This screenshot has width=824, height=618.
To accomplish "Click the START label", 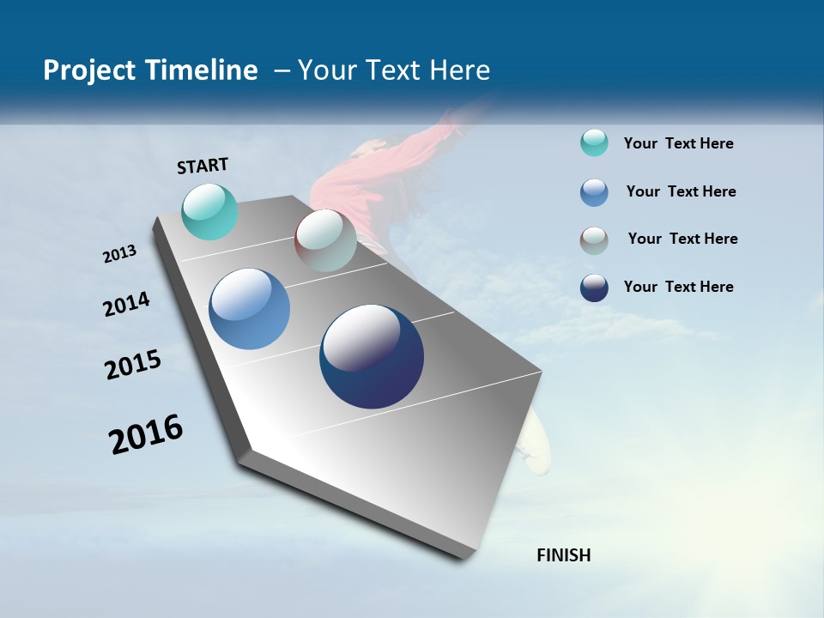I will pyautogui.click(x=203, y=166).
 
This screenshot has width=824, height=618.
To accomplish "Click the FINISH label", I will pyautogui.click(x=563, y=555).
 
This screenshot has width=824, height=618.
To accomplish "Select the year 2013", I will pyautogui.click(x=119, y=254).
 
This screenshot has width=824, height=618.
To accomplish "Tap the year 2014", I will pyautogui.click(x=126, y=305).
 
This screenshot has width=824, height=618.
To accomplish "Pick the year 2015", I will pyautogui.click(x=133, y=365).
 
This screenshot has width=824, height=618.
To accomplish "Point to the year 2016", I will pyautogui.click(x=146, y=434).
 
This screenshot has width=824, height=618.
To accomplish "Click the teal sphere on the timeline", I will pyautogui.click(x=209, y=211).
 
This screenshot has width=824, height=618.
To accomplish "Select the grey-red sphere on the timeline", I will pyautogui.click(x=325, y=240).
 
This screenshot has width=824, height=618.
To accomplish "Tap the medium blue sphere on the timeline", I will pyautogui.click(x=249, y=309).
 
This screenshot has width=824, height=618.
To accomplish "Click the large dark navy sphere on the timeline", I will pyautogui.click(x=371, y=356).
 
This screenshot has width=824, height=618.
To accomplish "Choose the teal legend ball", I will pyautogui.click(x=594, y=142).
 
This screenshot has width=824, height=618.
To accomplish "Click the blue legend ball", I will pyautogui.click(x=594, y=191).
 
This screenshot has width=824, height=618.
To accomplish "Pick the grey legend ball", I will pyautogui.click(x=594, y=239).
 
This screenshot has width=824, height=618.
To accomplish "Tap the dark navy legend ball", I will pyautogui.click(x=594, y=288).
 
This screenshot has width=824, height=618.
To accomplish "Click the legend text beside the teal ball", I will pyautogui.click(x=678, y=143).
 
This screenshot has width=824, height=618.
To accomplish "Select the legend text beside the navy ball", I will pyautogui.click(x=678, y=287).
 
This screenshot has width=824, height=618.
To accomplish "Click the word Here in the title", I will pyautogui.click(x=459, y=70).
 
